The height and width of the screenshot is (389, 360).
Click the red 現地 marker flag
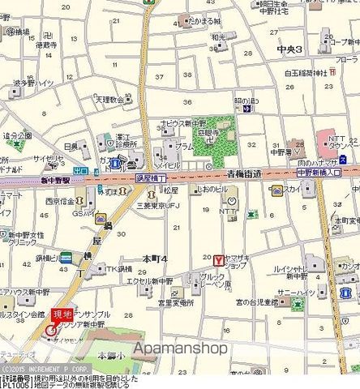(62, 314)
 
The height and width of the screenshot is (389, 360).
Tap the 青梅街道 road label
(244, 174)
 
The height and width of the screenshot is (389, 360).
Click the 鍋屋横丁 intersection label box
(149, 176)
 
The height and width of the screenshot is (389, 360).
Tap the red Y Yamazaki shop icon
(217, 259)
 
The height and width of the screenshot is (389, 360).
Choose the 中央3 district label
(289, 50)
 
